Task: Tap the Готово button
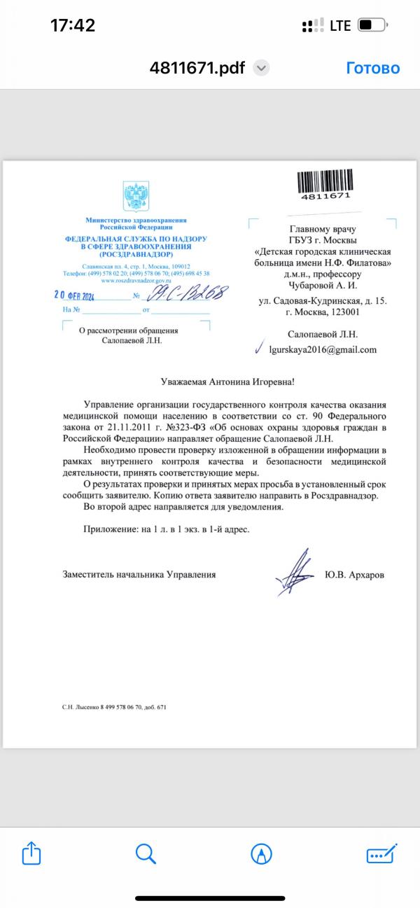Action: [x=372, y=68]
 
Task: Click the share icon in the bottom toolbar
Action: [x=32, y=853]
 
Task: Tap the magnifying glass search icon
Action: [x=145, y=853]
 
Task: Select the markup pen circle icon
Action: [x=261, y=853]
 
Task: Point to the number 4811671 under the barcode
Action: [x=325, y=196]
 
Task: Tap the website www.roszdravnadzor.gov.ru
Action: [x=136, y=280]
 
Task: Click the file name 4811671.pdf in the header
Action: [x=197, y=68]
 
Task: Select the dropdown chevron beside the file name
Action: [x=261, y=68]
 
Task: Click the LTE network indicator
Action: [x=340, y=26]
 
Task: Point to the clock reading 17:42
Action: [x=73, y=26]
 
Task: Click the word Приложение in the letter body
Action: [x=109, y=529]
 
